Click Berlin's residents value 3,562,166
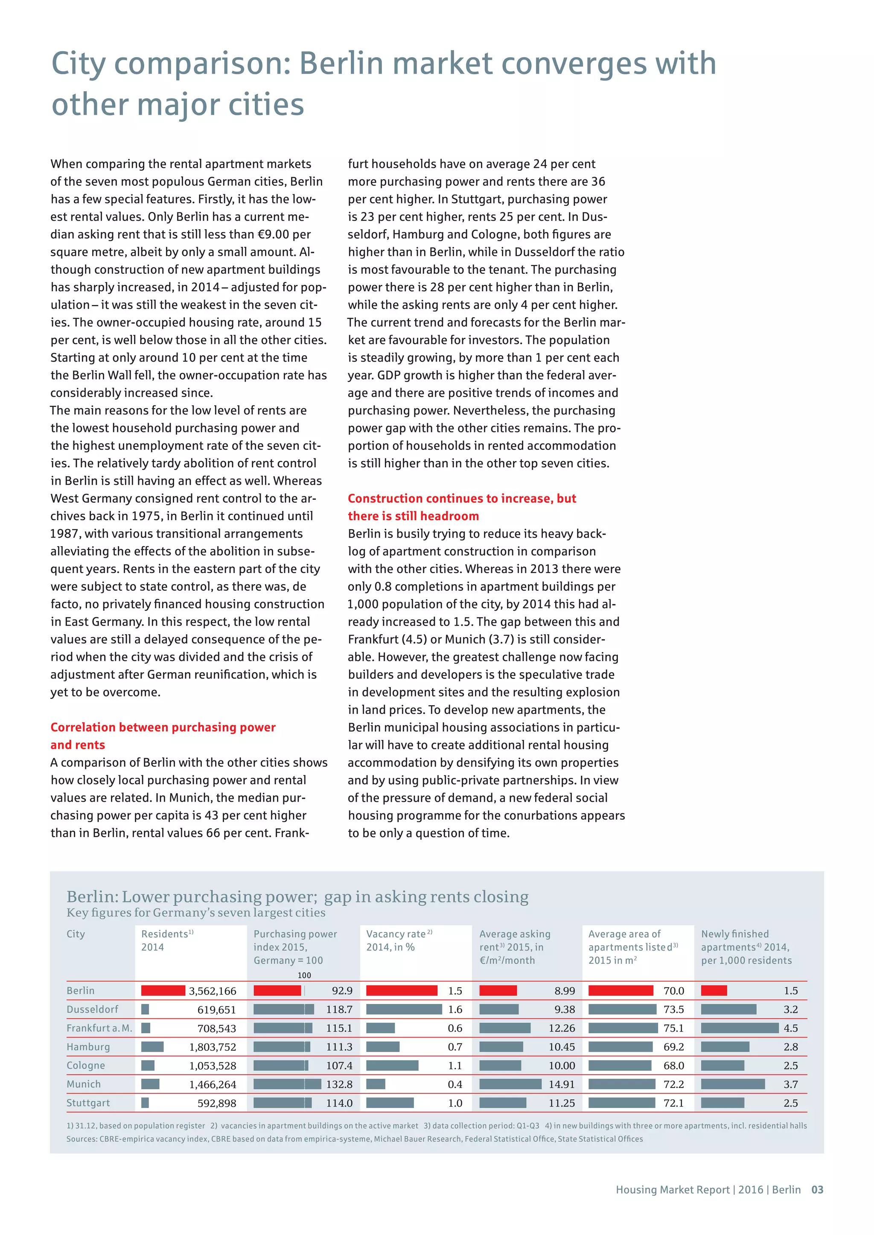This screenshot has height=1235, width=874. (x=213, y=991)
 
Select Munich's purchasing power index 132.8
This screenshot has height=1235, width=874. (x=339, y=1084)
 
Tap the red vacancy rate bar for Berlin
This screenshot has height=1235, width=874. (x=402, y=990)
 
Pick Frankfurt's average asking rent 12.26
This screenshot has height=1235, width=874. (x=562, y=1028)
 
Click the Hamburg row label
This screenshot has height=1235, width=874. (x=88, y=1047)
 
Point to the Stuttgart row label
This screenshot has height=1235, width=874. (x=88, y=1103)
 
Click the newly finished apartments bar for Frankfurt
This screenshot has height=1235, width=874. (x=740, y=1028)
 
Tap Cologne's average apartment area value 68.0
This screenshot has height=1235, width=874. (x=674, y=1066)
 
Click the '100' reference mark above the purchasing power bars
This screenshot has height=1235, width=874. (x=304, y=975)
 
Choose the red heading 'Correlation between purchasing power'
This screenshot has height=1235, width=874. (x=163, y=727)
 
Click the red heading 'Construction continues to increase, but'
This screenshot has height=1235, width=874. (x=462, y=498)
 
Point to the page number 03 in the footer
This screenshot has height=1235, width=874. (x=817, y=1190)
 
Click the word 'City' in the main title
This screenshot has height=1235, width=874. (x=79, y=64)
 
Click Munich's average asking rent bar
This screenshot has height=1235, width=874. (x=510, y=1084)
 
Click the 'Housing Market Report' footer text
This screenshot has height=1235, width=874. (x=672, y=1190)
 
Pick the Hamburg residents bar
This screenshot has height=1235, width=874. (x=152, y=1047)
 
